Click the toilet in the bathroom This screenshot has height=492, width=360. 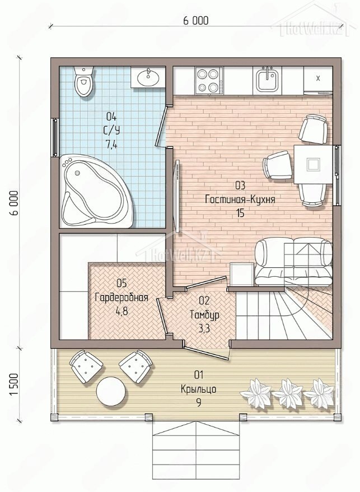click(83, 81)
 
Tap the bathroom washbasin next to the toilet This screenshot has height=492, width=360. click(148, 77)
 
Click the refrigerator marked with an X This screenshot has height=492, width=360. click(317, 81)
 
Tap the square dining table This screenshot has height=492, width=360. click(312, 164)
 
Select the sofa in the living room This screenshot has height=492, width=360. click(293, 261)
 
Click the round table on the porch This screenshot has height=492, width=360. click(111, 391)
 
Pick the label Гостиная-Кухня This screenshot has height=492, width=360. click(240, 199)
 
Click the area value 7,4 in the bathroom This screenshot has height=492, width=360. click(111, 145)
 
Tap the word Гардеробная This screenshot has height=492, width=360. click(121, 297)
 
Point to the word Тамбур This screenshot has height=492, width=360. click(204, 315)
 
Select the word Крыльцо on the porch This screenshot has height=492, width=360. click(199, 389)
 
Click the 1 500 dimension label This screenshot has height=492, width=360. click(15, 384)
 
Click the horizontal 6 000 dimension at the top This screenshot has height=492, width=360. click(195, 21)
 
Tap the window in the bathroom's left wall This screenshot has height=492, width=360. click(55, 137)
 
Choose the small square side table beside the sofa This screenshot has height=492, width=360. click(241, 274)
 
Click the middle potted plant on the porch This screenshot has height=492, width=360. click(287, 393)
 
